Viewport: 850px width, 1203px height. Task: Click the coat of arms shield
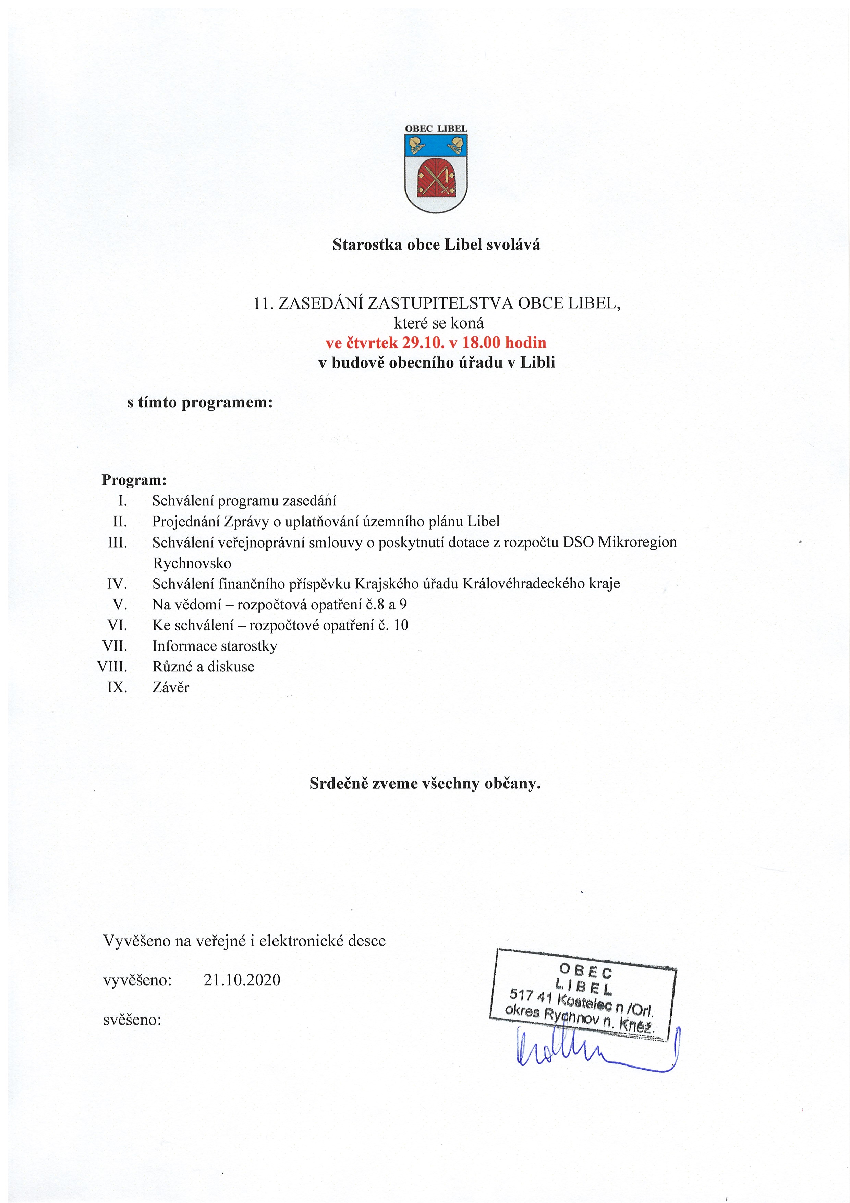[x=436, y=173]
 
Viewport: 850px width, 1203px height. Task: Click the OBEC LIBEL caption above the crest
[x=436, y=128]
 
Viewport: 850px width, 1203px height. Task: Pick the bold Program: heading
[x=134, y=480]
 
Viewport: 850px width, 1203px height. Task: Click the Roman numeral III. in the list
[x=118, y=542]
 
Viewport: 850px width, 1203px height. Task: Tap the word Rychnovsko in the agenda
[x=192, y=563]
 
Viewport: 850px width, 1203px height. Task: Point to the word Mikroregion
[x=637, y=542]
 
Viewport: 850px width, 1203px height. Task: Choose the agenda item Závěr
[x=171, y=688]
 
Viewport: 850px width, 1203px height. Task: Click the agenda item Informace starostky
[x=215, y=646]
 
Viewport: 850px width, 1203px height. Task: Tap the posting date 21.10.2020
[x=242, y=980]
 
